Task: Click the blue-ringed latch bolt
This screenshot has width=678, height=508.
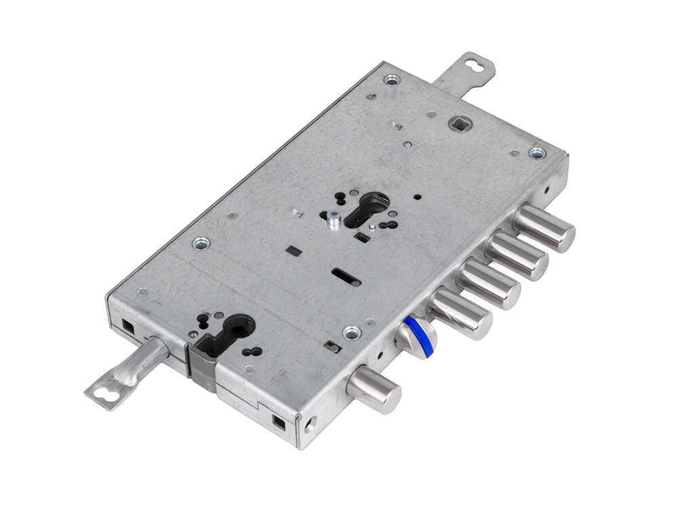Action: point(415,333)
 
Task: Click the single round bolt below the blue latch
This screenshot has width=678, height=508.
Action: point(374,391)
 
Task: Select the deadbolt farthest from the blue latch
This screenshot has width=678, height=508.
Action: point(544,228)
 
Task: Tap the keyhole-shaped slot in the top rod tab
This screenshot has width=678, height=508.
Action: point(478,66)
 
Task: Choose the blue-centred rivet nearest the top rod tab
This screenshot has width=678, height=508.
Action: point(392,79)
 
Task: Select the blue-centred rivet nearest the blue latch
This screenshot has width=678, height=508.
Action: point(351,333)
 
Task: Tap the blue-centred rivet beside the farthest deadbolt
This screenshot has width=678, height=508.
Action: point(537,153)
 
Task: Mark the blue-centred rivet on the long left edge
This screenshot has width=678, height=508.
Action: point(201,243)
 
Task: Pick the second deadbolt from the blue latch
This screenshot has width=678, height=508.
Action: point(487,284)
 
